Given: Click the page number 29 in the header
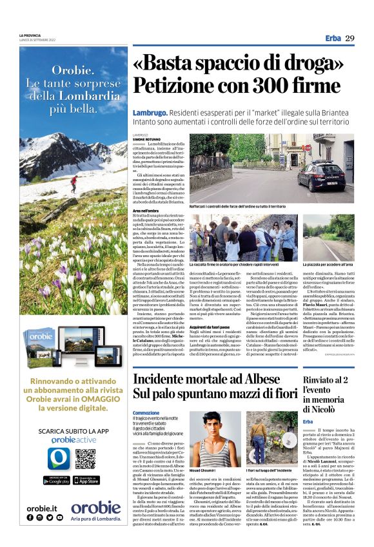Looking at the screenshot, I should pyautogui.click(x=349, y=39).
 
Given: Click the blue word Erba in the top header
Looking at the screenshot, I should pyautogui.click(x=333, y=39).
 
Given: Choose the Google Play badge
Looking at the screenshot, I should pyautogui.click(x=57, y=480).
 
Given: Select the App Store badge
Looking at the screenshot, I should pyautogui.click(x=85, y=480).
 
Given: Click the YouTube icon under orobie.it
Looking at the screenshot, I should pyautogui.click(x=61, y=517).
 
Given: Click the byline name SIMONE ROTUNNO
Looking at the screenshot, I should pyautogui.click(x=146, y=139).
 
